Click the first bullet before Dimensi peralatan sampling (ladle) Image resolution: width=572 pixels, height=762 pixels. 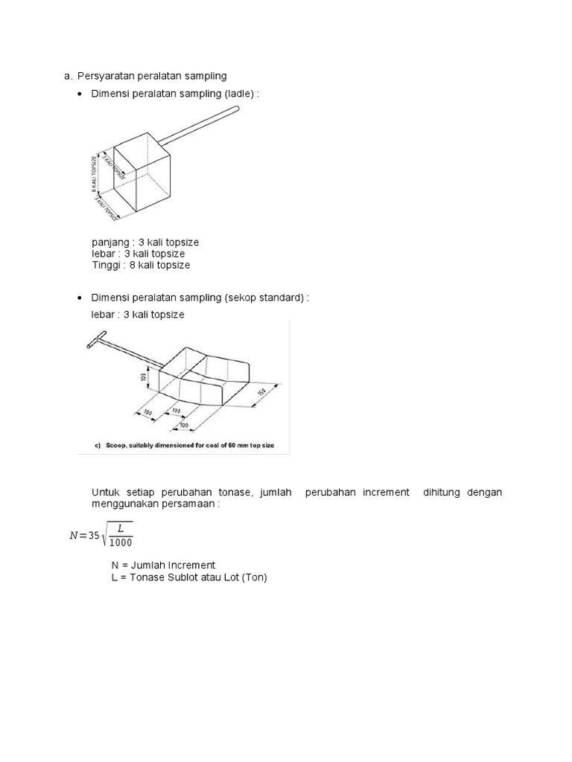click(x=80, y=94)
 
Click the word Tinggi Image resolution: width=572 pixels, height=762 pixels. click(x=106, y=265)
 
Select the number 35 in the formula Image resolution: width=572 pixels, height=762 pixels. click(x=93, y=536)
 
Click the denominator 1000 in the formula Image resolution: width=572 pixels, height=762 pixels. click(x=120, y=542)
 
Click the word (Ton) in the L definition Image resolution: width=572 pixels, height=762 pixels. click(x=253, y=577)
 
